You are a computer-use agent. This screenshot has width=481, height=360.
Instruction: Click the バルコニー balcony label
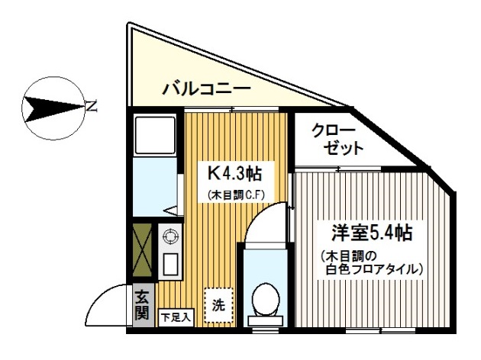pyautogui.click(x=206, y=90)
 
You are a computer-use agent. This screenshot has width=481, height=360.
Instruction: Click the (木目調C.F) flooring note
pyautogui.click(x=235, y=195)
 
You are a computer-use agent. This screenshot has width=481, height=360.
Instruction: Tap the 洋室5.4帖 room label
pyautogui.click(x=372, y=233)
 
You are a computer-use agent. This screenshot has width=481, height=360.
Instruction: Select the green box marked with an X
pyautogui.click(x=142, y=248)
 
